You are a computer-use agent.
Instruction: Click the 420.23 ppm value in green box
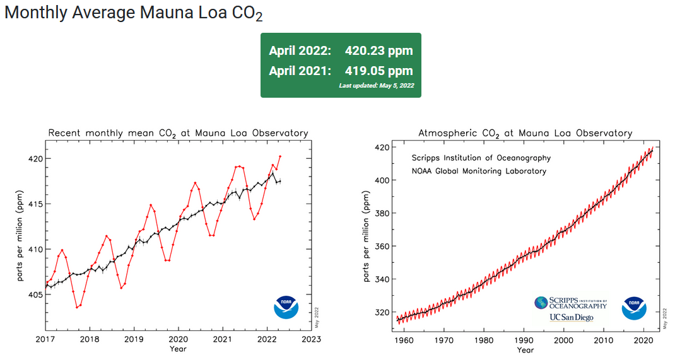pyautogui.click(x=379, y=51)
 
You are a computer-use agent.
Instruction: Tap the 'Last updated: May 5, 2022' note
pyautogui.click(x=376, y=86)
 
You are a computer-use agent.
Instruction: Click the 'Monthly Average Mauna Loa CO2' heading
pyautogui.click(x=133, y=14)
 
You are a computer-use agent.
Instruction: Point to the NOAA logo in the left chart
pyautogui.click(x=286, y=307)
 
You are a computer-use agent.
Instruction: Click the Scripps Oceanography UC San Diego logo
pyautogui.click(x=570, y=309)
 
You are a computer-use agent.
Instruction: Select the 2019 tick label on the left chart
pyautogui.click(x=134, y=339)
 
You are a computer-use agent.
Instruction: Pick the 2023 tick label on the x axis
pyautogui.click(x=311, y=339)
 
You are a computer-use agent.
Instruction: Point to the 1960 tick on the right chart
pyautogui.click(x=404, y=339)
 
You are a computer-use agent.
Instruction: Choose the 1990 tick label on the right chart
pyautogui.click(x=525, y=339)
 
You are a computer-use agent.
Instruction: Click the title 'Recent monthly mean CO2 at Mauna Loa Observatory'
pyautogui.click(x=178, y=133)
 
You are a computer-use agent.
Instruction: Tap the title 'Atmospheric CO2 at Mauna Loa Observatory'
pyautogui.click(x=525, y=133)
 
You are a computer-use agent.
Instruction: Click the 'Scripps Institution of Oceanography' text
pyautogui.click(x=481, y=158)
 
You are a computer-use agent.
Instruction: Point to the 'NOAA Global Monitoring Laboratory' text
pyautogui.click(x=479, y=171)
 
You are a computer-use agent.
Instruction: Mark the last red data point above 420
pyautogui.click(x=280, y=156)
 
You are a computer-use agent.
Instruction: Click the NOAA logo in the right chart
pyautogui.click(x=634, y=307)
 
